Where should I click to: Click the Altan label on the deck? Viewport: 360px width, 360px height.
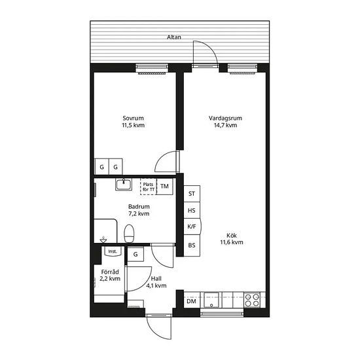174,37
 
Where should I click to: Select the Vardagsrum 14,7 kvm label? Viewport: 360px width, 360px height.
225,122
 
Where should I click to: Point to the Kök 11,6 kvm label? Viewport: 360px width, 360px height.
232,239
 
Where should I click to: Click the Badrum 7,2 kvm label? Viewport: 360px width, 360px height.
139,210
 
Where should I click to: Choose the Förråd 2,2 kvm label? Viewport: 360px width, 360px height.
110,276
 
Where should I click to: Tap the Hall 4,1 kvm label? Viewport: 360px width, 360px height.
156,282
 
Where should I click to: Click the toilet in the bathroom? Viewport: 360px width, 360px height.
129,233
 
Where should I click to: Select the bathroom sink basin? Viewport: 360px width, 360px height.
124,185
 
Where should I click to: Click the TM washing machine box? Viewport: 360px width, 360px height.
164,187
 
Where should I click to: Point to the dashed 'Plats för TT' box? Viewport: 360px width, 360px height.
149,187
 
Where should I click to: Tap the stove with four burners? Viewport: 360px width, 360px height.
252,300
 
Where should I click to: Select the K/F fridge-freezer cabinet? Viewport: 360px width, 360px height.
192,226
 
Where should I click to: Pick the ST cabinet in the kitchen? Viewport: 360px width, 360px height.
192,194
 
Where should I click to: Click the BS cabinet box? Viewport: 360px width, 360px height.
192,245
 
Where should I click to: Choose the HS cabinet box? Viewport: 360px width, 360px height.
192,210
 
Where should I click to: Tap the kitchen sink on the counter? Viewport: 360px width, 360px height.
211,300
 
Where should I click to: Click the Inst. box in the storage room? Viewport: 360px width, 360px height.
113,251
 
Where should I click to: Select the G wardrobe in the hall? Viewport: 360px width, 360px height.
135,254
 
